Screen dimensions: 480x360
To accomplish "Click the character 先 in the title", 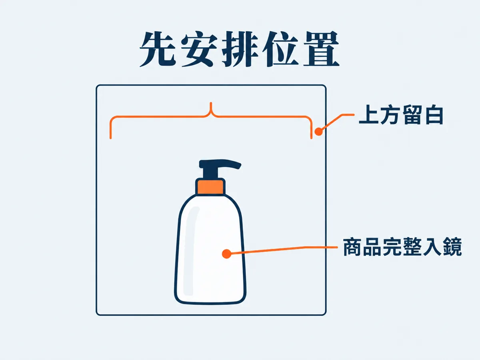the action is point(158,49).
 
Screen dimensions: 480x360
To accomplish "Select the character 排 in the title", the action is point(240,49).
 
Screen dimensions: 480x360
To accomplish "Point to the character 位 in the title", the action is point(280,49).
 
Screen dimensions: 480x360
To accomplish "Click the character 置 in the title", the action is point(322,49).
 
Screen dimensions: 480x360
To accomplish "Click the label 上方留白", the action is point(401,115).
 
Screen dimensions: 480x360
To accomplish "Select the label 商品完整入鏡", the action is point(402,247).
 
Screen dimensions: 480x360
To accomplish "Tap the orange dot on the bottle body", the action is point(226,254).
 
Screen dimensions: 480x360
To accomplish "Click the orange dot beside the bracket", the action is point(319,132).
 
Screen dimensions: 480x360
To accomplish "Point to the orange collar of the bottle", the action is point(210,186).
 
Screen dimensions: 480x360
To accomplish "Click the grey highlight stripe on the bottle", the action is point(191,250).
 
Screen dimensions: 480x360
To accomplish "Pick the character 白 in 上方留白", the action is point(433,115).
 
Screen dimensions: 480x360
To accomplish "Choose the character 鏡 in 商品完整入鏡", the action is point(452,247).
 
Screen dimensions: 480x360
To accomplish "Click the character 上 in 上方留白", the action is point(369,115).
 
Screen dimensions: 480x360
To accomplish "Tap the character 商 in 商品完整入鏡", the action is point(352,247).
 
